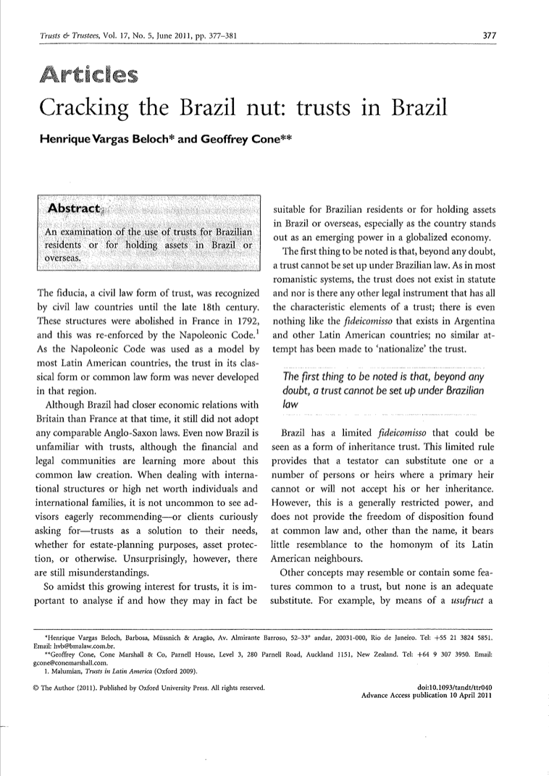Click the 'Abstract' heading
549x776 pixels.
(x=75, y=208)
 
